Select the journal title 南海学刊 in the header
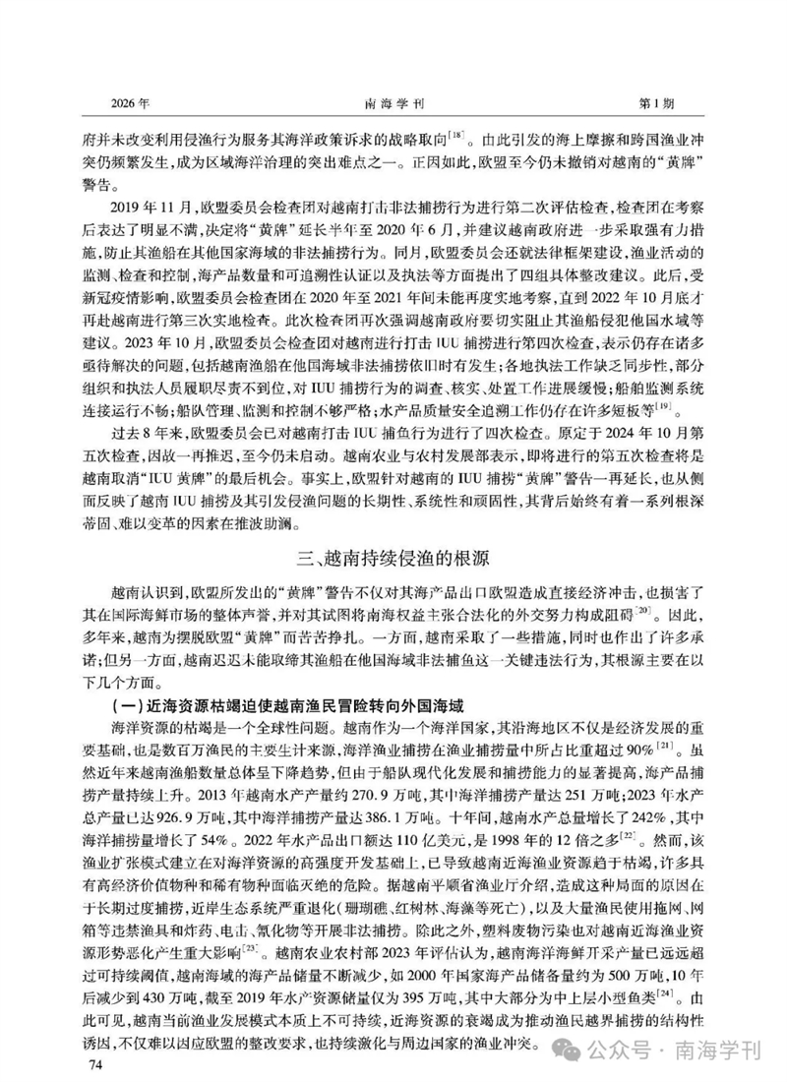[x=393, y=102]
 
